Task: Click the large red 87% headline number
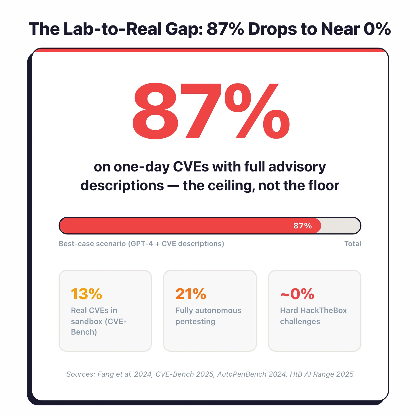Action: point(211,111)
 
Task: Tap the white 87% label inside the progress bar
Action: point(302,226)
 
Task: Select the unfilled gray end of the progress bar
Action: point(340,226)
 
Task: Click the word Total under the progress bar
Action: point(353,244)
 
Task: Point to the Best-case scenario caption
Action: point(141,244)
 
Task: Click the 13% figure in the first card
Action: point(86,294)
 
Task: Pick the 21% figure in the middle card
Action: point(191,294)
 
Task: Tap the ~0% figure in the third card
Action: point(297,294)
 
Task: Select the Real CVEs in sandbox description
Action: point(98,321)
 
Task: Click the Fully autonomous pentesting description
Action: point(208,316)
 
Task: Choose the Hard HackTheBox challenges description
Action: point(313,316)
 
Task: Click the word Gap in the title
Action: point(184,29)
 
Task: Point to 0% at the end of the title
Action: point(377,29)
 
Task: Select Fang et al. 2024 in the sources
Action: point(125,374)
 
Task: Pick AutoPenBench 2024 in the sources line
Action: point(251,374)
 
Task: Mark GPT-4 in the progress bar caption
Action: point(141,244)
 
